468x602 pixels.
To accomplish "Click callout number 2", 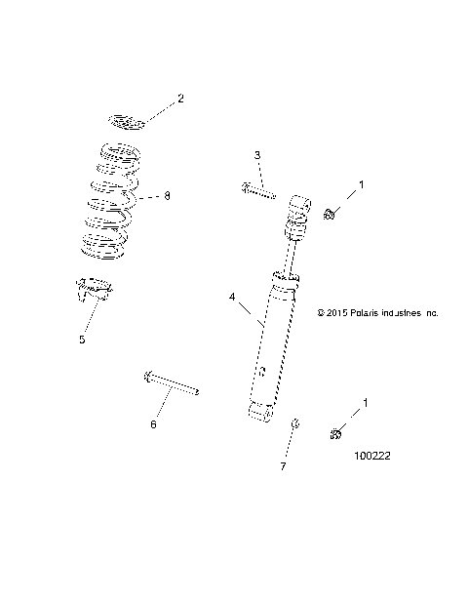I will pos(179,99).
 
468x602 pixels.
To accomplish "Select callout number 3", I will pos(257,155).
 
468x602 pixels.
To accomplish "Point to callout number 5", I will pos(82,340).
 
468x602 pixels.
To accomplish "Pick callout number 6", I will pos(151,424).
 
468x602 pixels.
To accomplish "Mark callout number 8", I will pos(167,196).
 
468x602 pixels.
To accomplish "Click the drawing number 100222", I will pos(377,455).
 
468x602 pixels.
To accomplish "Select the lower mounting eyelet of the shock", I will pos(258,416).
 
